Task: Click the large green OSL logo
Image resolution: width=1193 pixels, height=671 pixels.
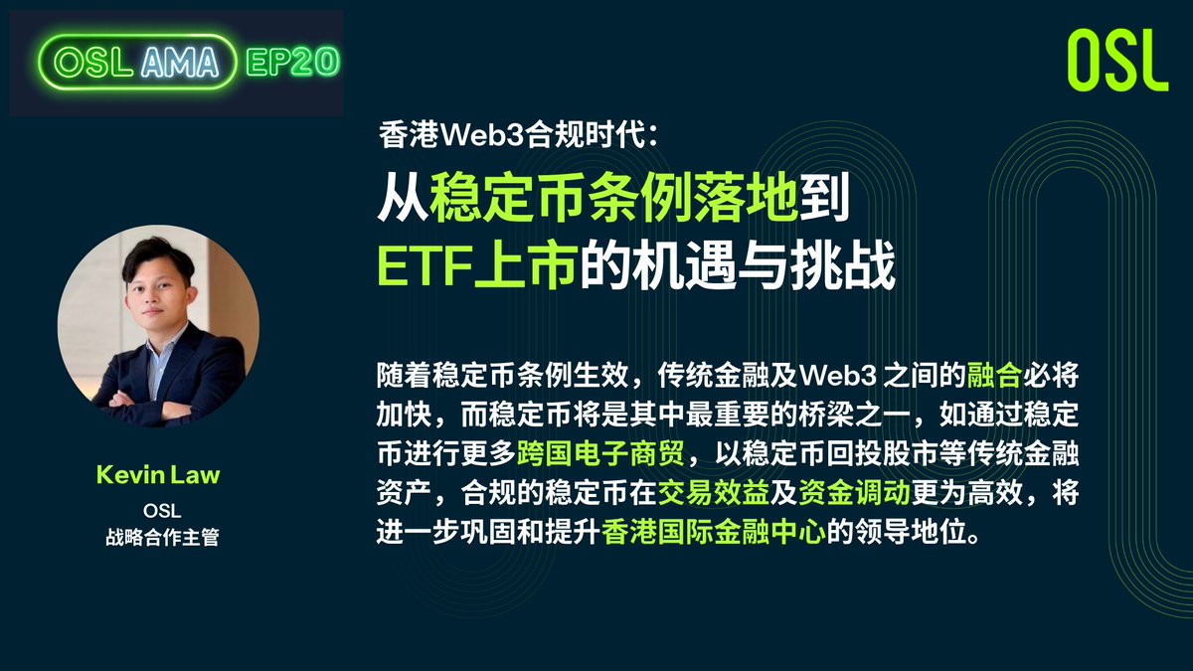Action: tap(1116, 61)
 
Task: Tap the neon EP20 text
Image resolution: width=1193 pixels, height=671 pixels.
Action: tap(292, 62)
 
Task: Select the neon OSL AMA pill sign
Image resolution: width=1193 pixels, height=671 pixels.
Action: tap(137, 63)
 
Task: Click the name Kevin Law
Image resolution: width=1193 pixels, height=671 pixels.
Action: tap(158, 475)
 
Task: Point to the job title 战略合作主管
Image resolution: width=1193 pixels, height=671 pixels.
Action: tap(158, 538)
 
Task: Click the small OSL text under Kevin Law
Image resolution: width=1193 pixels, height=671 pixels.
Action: tap(158, 512)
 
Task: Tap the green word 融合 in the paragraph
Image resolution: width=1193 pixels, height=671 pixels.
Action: tap(995, 376)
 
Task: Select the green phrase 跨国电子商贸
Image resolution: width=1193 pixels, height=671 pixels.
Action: tap(600, 455)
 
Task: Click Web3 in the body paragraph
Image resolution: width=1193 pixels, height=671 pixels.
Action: tap(837, 376)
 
